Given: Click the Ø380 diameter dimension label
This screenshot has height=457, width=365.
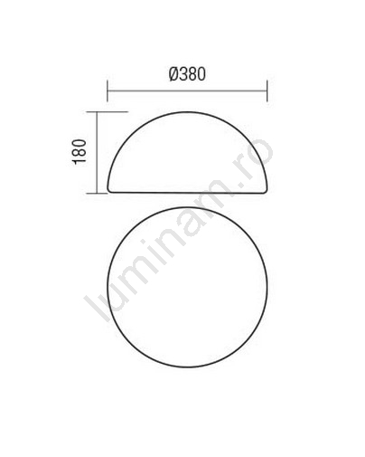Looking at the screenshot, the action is tap(187, 74).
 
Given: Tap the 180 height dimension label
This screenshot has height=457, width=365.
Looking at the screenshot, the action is tap(80, 151).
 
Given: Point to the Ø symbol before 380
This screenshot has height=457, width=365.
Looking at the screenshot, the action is tap(173, 74).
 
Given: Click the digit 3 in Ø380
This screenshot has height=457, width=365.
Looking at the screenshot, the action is tap(183, 74).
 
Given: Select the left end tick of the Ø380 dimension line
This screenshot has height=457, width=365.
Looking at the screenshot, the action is tap(108, 90).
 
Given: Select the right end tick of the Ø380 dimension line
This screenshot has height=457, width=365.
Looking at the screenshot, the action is tap(267, 90).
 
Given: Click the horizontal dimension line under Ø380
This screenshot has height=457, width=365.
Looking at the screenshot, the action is tap(187, 90).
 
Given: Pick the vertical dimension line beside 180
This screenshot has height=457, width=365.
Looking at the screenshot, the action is tap(97, 152).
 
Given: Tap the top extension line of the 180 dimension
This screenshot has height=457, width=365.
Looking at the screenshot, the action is tap(108, 111).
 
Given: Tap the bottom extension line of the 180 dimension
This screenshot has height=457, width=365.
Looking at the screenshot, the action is tap(97, 193).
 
